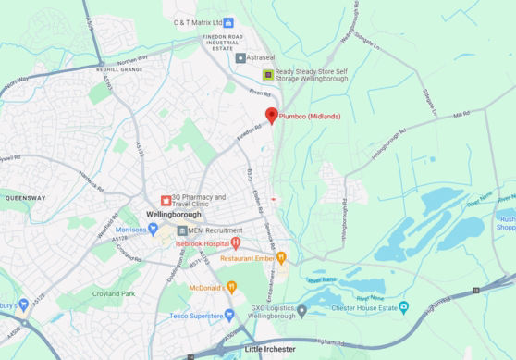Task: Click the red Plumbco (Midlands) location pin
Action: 271,115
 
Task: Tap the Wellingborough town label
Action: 172,214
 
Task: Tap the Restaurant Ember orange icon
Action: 281,258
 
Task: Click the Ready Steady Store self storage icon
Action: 268,75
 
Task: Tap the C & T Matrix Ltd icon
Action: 229,21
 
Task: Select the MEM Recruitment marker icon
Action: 182,230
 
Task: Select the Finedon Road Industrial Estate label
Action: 208,42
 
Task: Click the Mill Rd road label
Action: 461,114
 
